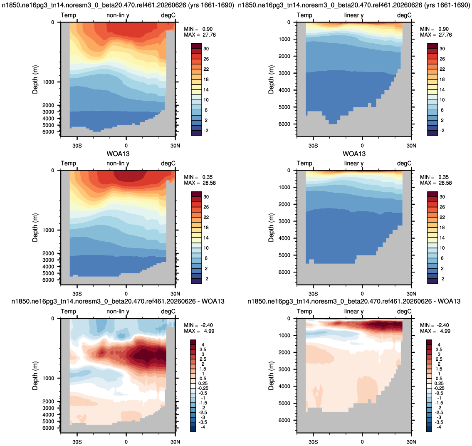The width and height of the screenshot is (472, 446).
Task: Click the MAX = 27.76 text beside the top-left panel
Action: [200, 35]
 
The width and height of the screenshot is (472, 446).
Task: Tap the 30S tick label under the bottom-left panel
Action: [77, 442]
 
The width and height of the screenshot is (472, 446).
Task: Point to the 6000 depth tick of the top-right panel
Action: [284, 124]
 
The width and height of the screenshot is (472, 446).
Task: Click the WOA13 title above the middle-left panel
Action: [118, 154]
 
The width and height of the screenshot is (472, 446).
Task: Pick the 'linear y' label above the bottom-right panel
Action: [354, 311]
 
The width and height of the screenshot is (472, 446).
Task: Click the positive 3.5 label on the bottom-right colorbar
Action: [439, 349]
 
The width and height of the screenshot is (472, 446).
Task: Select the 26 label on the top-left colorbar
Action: [206, 59]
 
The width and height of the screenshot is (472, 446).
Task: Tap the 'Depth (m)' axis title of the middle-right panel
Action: [271, 227]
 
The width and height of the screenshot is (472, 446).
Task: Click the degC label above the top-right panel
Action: [404, 15]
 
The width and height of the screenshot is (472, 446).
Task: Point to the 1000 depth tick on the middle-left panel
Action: [49, 230]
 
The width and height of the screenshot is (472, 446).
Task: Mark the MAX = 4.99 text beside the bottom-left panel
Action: [199, 331]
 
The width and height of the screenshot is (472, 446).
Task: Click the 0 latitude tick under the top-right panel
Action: [362, 146]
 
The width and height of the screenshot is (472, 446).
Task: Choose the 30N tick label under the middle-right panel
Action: [411, 294]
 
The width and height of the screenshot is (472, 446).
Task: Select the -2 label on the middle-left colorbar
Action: [206, 279]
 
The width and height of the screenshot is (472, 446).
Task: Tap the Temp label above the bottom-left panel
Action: [68, 311]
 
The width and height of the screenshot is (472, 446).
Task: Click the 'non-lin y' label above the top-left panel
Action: [118, 15]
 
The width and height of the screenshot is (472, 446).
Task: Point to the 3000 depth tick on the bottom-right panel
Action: [284, 369]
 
